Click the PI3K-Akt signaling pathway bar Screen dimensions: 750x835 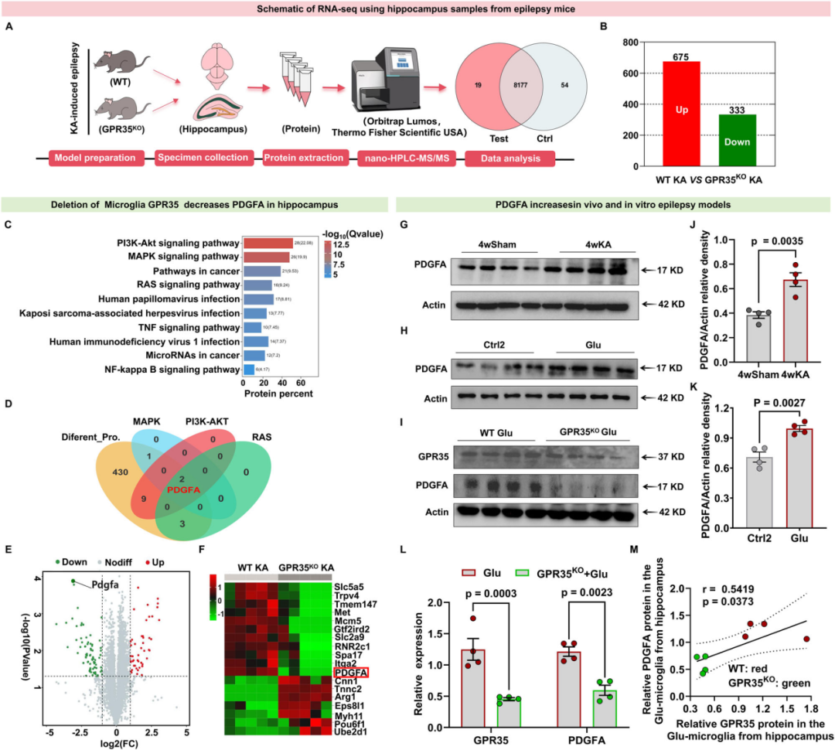pyautogui.click(x=268, y=244)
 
